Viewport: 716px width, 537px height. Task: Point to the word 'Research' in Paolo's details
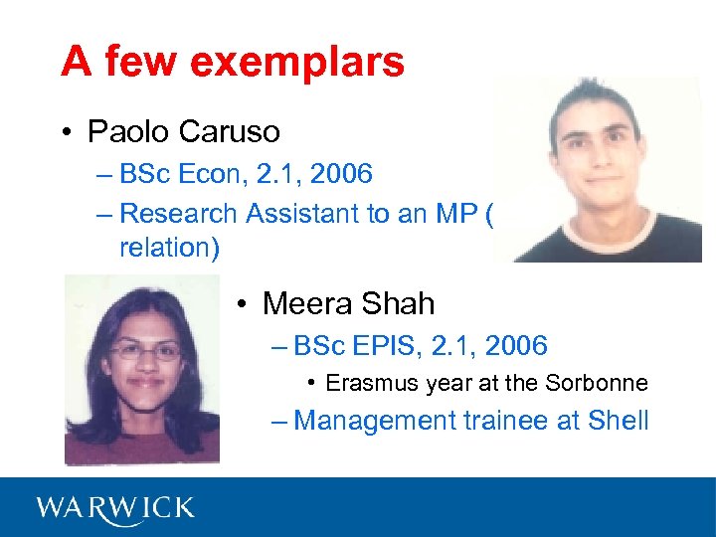(x=178, y=213)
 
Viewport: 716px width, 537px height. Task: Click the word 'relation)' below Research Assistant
(x=169, y=247)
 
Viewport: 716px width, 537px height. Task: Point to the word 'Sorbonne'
(x=596, y=383)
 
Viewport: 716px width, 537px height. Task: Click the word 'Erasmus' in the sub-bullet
(x=367, y=383)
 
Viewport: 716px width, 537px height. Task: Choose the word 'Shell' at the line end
(x=618, y=420)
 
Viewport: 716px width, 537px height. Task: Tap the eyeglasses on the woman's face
(x=145, y=351)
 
